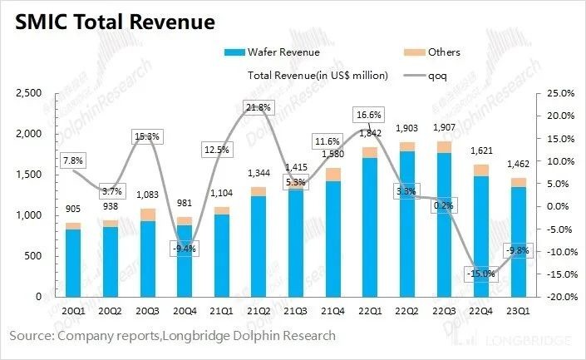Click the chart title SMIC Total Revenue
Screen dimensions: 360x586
[x=111, y=20]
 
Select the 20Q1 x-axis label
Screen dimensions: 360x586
[x=73, y=312]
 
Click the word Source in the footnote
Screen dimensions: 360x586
[x=29, y=336]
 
